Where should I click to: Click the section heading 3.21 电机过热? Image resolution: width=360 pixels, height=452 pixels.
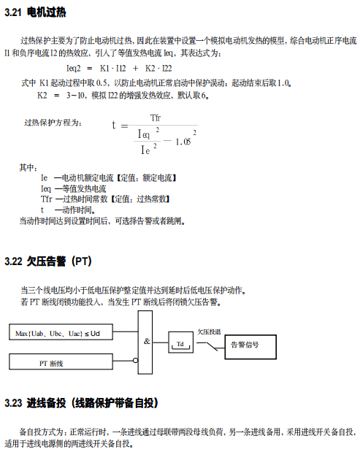coord(35,12)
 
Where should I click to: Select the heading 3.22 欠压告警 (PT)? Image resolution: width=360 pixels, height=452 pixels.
coord(48,261)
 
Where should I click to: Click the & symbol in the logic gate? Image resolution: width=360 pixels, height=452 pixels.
coord(147,341)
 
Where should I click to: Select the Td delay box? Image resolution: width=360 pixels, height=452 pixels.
coord(180,342)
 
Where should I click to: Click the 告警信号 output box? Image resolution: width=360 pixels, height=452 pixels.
coord(250,347)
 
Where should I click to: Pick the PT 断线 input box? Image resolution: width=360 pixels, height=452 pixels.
coord(61,361)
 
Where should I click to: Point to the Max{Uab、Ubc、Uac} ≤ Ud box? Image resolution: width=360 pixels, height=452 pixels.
coord(61,332)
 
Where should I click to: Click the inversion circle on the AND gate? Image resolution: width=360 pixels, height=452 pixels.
coord(136,360)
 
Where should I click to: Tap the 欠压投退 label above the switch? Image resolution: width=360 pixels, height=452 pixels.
coord(209,332)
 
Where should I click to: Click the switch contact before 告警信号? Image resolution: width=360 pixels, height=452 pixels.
coord(210,346)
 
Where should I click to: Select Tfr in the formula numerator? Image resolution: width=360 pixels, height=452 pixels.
coord(156,118)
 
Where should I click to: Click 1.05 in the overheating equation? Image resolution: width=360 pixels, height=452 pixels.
coord(183,142)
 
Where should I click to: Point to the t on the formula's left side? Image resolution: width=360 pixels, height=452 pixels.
coord(114,125)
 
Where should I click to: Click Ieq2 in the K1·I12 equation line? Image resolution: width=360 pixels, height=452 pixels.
coord(74,69)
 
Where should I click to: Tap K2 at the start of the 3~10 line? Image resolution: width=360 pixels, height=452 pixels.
coord(42,95)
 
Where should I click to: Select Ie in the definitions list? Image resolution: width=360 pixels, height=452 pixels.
coord(44,178)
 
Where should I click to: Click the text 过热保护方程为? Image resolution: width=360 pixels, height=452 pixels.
coord(53,123)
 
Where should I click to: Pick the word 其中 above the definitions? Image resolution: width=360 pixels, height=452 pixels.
coord(28,167)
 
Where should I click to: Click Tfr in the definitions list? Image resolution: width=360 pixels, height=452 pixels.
coord(47,199)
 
